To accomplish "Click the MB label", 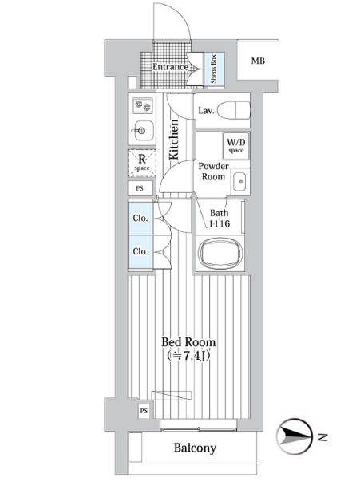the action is coord(258,61).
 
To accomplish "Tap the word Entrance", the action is coord(170,67).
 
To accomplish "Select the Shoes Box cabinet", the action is coord(214,69).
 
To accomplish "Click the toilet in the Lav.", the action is coord(233,110).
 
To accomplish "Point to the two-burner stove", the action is coord(142,105).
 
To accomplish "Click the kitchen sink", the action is coord(143,130).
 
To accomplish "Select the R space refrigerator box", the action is coord(142,164).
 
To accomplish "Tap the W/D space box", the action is coord(236,146).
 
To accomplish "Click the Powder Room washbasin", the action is coord(240,182).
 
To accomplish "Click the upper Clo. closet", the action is coord(140,219).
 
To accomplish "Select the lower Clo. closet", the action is coord(140,251).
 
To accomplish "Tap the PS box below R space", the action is coord(140,188).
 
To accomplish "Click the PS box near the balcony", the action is coord(144,411).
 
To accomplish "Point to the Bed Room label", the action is coord(188,342).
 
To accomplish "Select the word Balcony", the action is coord(195,448).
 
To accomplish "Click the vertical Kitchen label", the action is coord(174,139).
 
